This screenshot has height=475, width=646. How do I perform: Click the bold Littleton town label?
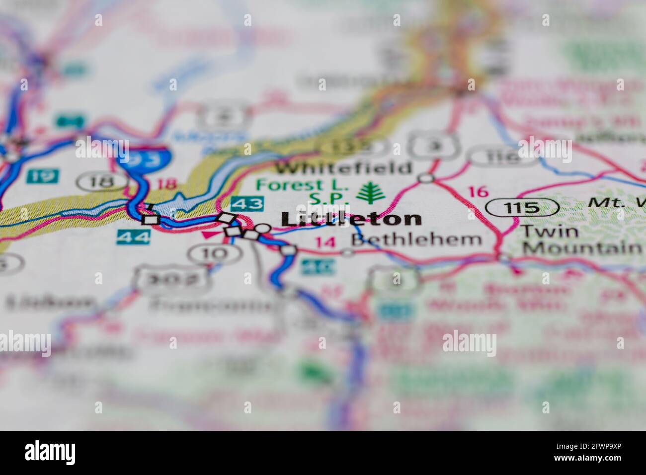pos(351,219)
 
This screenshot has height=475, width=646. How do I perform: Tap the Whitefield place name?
pos(344,167)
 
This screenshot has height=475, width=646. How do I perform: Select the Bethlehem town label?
pos(416,239)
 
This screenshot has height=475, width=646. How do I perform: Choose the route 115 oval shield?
pos(522,207)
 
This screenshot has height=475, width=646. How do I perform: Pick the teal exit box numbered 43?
pos(247,203)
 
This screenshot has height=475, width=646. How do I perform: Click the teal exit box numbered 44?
pos(133,237)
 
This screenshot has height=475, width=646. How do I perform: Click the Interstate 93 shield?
pos(145,158)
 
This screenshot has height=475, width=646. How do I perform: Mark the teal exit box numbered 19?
pos(44,175)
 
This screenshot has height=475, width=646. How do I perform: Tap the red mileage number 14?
pos(325,242)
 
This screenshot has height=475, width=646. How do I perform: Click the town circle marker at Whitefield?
pos(425,178)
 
